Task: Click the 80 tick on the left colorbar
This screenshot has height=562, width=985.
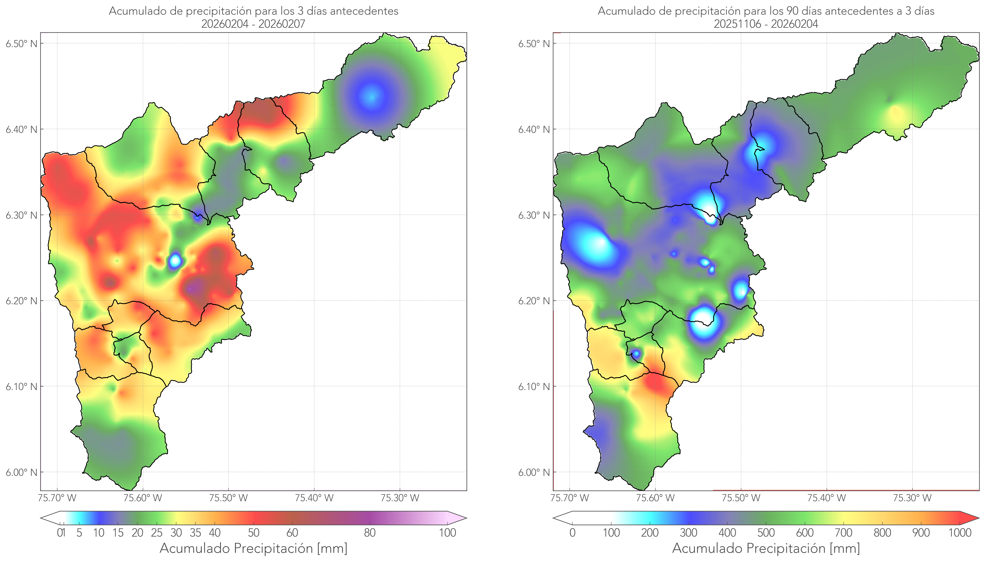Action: click(x=369, y=533)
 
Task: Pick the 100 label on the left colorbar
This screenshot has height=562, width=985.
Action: click(x=447, y=533)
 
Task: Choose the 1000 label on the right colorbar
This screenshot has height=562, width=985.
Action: click(x=960, y=533)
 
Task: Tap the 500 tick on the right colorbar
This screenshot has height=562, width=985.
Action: click(x=766, y=533)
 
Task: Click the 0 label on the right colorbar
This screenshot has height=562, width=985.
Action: click(x=572, y=533)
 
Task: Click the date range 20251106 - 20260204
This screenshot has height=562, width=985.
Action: click(x=766, y=24)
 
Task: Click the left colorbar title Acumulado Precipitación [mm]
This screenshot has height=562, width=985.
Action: click(x=253, y=548)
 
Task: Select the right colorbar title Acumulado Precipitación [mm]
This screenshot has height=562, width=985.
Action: click(x=766, y=548)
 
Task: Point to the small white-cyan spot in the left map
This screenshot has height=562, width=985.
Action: click(x=175, y=260)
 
